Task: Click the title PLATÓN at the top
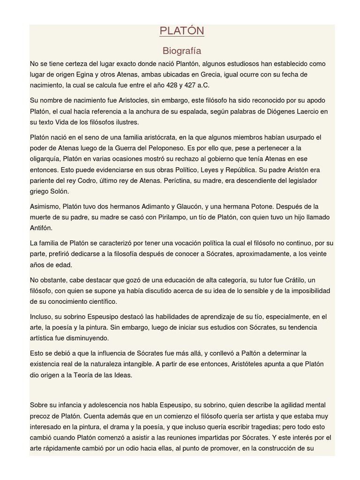(x=182, y=31)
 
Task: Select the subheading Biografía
(x=182, y=51)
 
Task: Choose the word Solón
(x=59, y=191)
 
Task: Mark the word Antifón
(x=41, y=228)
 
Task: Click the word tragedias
(x=258, y=427)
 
